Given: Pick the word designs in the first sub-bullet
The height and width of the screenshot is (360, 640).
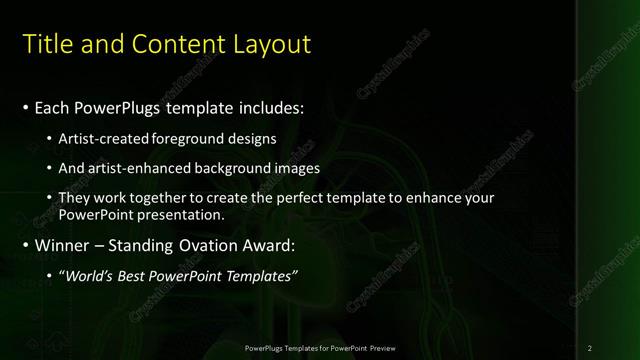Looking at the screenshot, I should point(253,138).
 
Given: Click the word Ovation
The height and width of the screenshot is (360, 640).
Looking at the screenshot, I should point(202,245).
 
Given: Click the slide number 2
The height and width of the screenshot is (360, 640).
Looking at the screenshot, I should point(590,347).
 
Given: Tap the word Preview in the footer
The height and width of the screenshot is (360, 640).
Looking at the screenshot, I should point(380,347).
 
